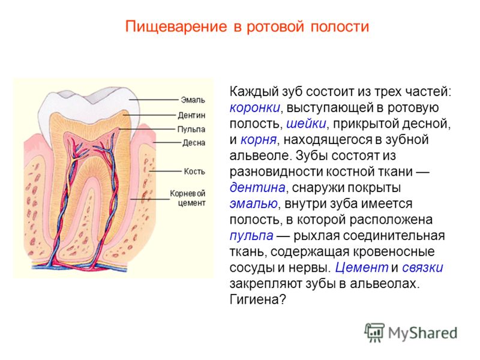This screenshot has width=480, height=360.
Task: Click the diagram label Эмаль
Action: [x=193, y=100]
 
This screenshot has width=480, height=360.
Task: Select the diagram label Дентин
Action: [x=191, y=115]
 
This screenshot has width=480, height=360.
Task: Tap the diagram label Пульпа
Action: [x=191, y=129]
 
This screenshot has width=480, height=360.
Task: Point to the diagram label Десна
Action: [x=194, y=143]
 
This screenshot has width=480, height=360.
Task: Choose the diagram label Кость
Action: [x=194, y=171]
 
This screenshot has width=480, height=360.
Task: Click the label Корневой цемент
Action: [x=188, y=198]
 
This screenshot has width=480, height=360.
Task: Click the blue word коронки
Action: [x=254, y=108]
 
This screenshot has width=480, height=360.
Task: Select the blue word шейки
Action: [x=306, y=124]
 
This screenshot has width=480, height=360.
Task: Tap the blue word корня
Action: [x=259, y=140]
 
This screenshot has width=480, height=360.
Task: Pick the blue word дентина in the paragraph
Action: [x=257, y=187]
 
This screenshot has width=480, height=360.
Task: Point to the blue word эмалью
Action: [x=254, y=203]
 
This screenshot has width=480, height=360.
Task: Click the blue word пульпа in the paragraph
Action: [x=251, y=236]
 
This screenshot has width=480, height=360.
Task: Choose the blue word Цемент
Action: [x=362, y=267]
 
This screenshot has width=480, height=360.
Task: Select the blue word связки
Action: [x=422, y=268]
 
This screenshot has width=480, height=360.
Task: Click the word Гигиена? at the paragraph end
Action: [x=258, y=299]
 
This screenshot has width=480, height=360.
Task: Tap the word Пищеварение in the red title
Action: [x=176, y=26]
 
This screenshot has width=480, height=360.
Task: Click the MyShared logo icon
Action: [x=374, y=332]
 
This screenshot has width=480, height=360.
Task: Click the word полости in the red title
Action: [x=340, y=27]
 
